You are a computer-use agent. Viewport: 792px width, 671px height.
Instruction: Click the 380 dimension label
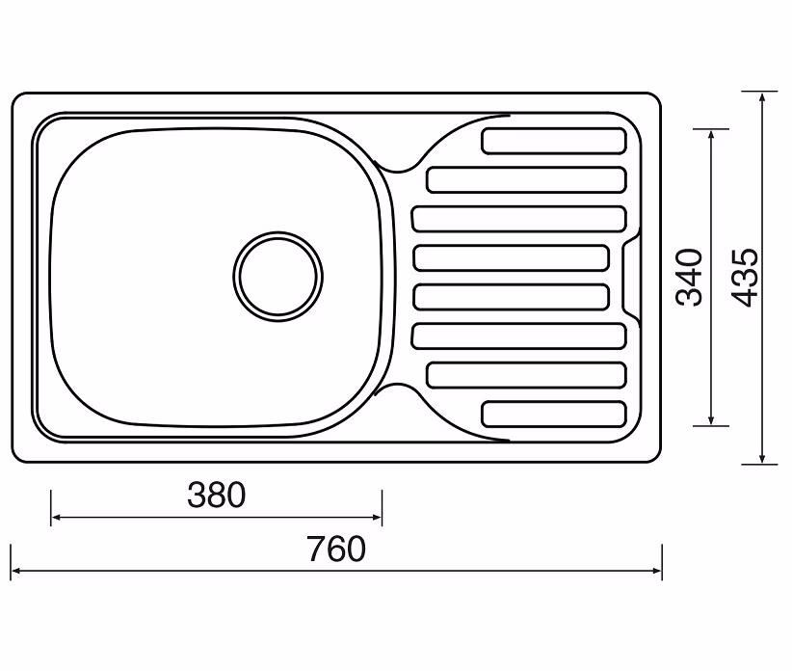click(x=216, y=496)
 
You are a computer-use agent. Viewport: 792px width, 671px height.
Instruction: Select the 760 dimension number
click(x=336, y=549)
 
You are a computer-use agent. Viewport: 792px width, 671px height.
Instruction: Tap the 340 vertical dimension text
click(x=689, y=277)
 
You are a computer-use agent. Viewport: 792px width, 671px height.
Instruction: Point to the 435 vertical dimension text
click(x=745, y=277)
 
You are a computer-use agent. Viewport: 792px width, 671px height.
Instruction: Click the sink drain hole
click(x=278, y=277)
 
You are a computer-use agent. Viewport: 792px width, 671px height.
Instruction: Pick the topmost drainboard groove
click(x=554, y=141)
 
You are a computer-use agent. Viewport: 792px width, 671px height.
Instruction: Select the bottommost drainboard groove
click(x=554, y=415)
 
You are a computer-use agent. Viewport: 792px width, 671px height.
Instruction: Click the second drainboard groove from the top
click(x=526, y=180)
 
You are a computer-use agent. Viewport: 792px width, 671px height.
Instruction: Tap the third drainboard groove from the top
click(x=518, y=219)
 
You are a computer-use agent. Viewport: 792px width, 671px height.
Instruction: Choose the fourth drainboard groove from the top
click(x=512, y=257)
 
